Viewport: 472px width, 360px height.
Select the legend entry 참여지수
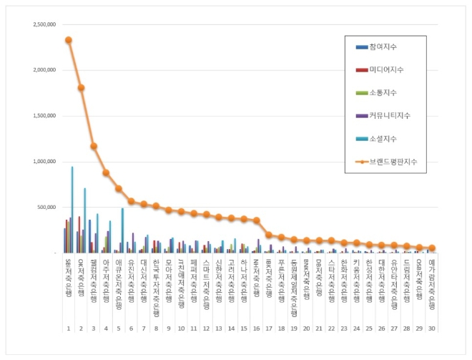coord(383,47)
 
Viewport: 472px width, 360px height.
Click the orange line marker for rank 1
coord(69,40)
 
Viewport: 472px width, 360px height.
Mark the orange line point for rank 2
coord(81,87)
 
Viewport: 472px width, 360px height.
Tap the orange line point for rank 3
coord(94,146)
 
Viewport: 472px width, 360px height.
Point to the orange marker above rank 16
coord(257,220)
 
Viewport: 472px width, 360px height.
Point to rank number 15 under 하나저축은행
coord(244,329)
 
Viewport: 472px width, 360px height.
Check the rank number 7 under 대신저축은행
coord(144,329)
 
